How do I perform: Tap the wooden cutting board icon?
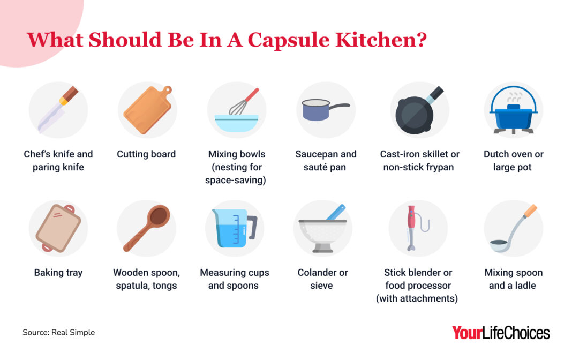[x=147, y=110]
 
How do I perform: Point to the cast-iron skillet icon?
[x=416, y=112]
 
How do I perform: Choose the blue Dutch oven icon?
[x=513, y=115]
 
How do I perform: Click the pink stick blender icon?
[x=412, y=228]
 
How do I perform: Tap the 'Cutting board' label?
[x=146, y=154]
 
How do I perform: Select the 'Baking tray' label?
[x=58, y=273]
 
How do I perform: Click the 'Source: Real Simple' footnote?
[x=58, y=333]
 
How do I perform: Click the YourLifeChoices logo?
[x=501, y=333]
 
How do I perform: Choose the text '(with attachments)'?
[x=417, y=298]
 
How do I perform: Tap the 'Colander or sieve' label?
[x=322, y=279]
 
